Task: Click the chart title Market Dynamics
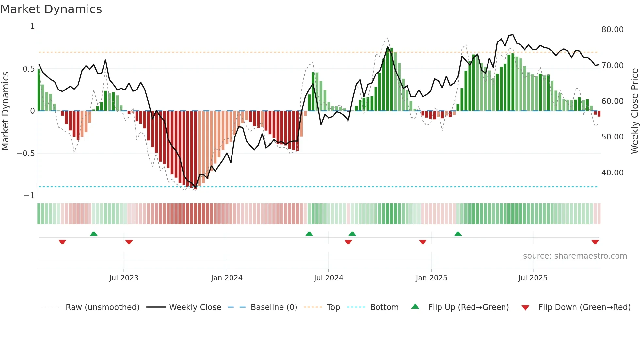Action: [51, 9]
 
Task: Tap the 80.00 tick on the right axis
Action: [612, 30]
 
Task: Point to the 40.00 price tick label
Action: [612, 172]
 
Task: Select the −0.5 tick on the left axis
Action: [25, 154]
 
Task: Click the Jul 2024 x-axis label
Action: [328, 278]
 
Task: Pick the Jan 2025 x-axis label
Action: [431, 278]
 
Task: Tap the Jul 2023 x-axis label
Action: [124, 278]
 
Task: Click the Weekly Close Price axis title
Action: [634, 111]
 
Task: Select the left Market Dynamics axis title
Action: [5, 111]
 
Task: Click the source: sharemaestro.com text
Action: [575, 256]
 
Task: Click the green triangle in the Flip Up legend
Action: [415, 306]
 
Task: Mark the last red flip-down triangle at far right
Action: [595, 242]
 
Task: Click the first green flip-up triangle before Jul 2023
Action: [94, 234]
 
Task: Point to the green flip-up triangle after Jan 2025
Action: [458, 234]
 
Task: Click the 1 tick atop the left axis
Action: [32, 26]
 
